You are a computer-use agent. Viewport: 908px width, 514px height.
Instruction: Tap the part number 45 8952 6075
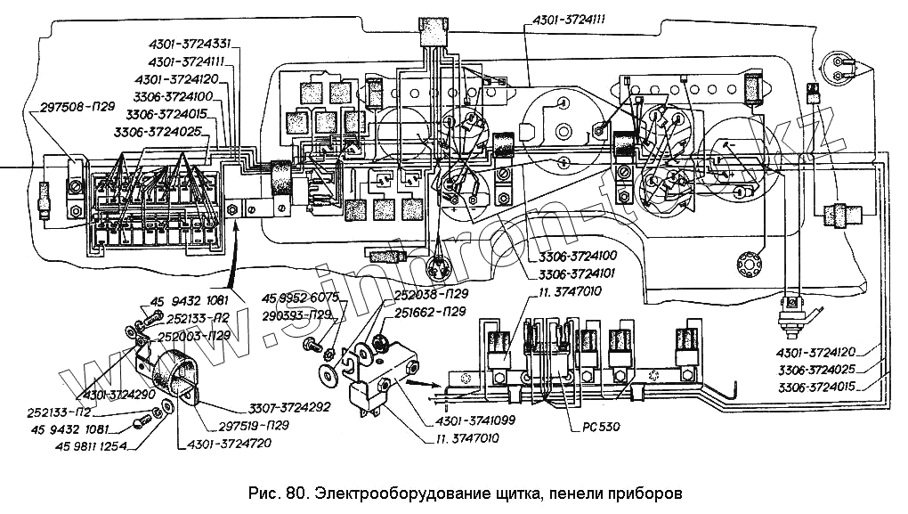[x=299, y=298]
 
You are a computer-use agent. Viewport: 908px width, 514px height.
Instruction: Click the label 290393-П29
[x=298, y=315]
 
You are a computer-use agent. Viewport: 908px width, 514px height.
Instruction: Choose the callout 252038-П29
[x=432, y=293]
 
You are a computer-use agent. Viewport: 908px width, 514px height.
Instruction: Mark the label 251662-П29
[x=431, y=312]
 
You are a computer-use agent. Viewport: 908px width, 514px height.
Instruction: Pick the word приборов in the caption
[x=646, y=493]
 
